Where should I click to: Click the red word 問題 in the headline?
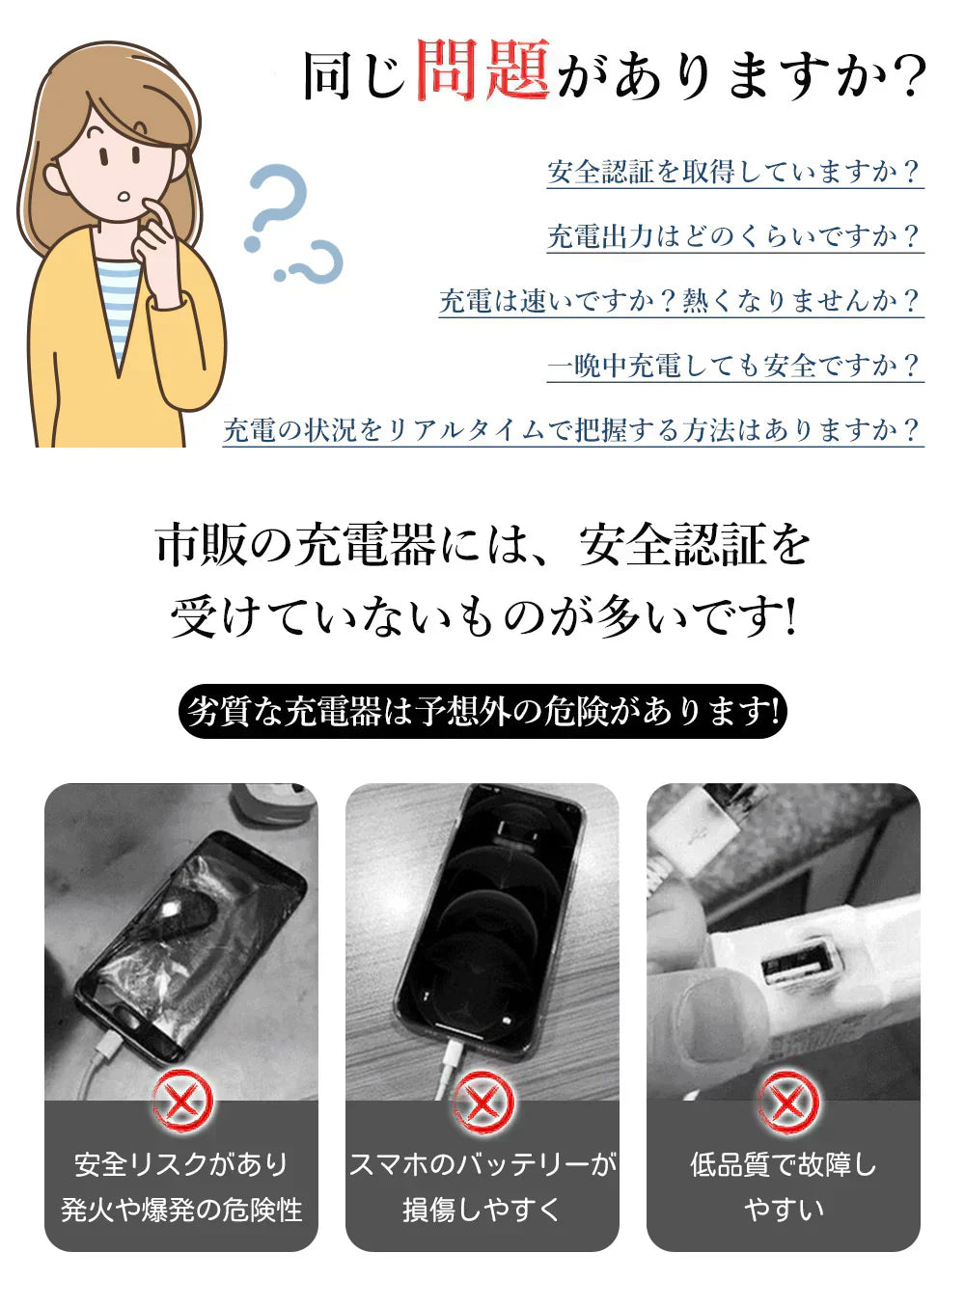[482, 70]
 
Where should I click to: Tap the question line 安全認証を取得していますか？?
[734, 172]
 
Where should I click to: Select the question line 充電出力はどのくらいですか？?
[734, 236]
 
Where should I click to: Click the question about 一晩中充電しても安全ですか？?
[734, 366]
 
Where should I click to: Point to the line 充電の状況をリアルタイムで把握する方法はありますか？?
[572, 430]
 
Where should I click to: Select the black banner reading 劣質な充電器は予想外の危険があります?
[482, 712]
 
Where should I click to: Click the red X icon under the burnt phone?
[182, 1101]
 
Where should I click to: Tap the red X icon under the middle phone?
[482, 1101]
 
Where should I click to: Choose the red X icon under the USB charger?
[787, 1101]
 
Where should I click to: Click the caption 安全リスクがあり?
[181, 1164]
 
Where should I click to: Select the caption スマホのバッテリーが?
[482, 1164]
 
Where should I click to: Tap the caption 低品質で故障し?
[783, 1164]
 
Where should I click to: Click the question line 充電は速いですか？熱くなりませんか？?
[680, 301]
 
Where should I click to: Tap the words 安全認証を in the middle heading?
[695, 545]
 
